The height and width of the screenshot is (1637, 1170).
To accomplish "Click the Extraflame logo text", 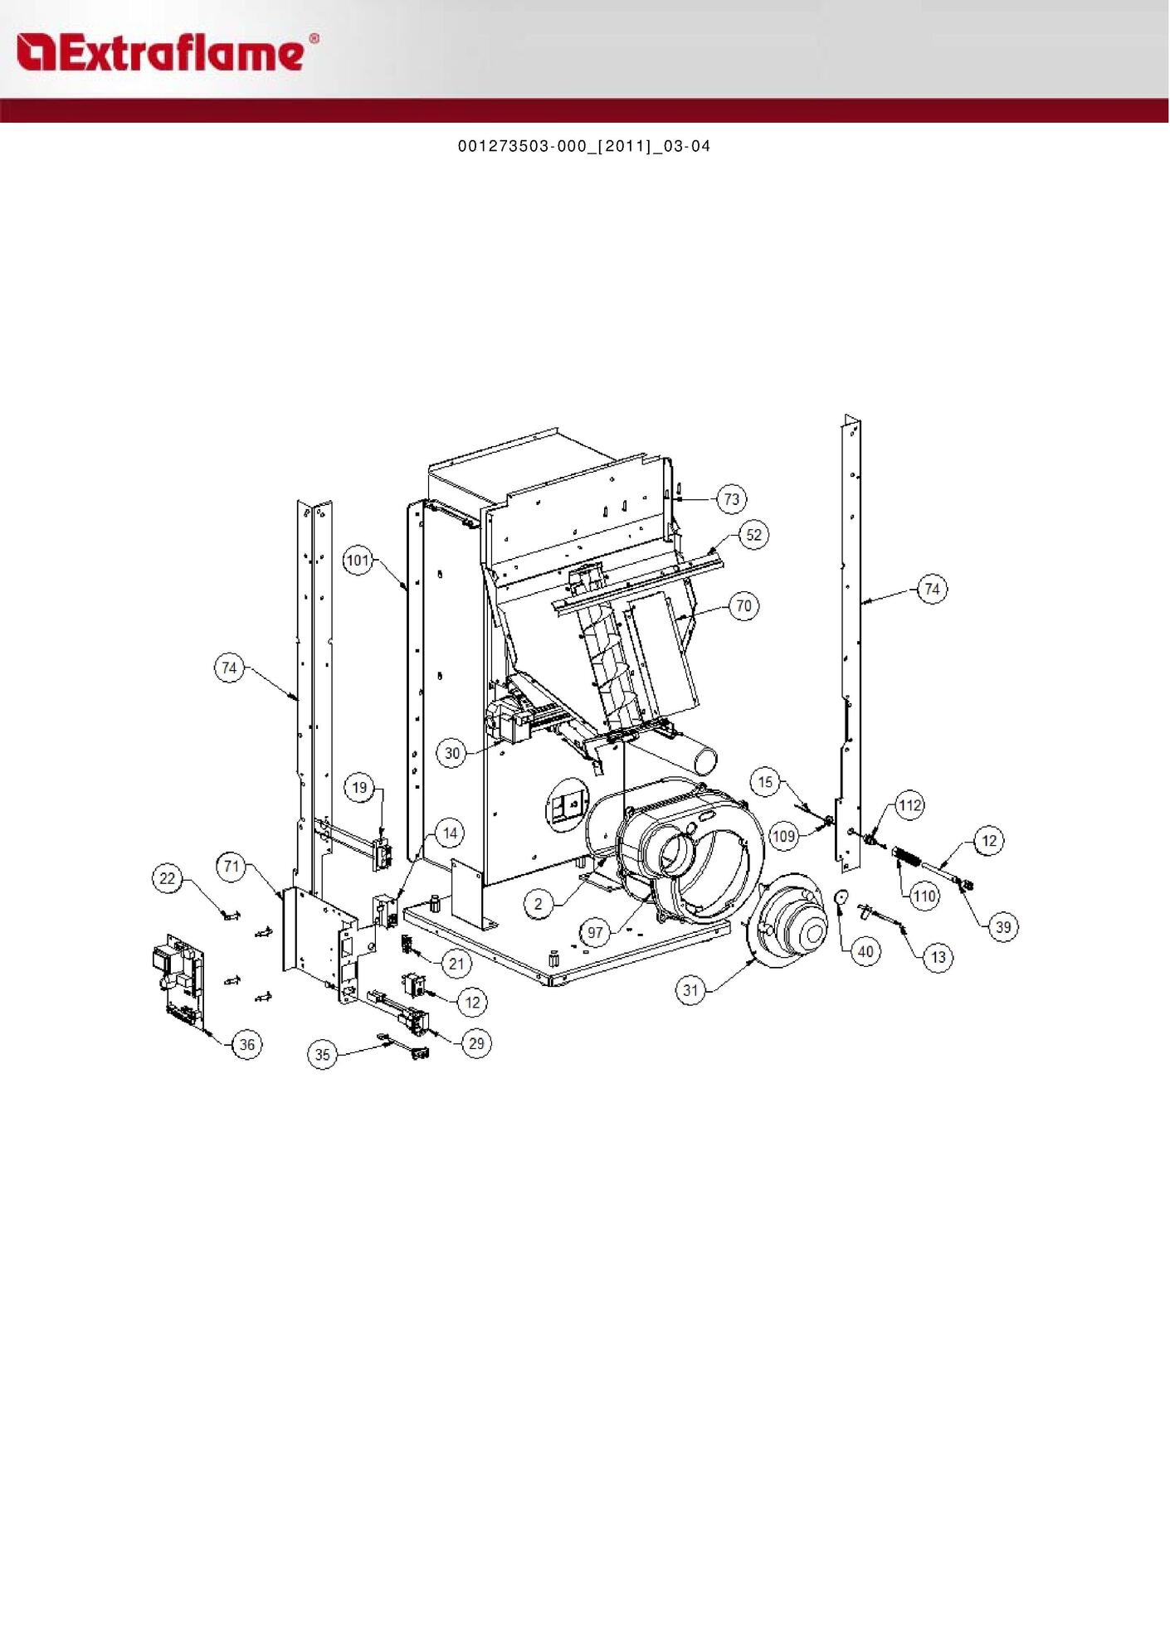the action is pyautogui.click(x=167, y=51).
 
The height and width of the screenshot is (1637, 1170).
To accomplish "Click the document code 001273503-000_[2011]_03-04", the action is pyautogui.click(x=584, y=146).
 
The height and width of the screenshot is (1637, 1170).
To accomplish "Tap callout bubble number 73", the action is pyautogui.click(x=731, y=499).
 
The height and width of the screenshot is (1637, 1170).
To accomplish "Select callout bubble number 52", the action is pyautogui.click(x=753, y=535).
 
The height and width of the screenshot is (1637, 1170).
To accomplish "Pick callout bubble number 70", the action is pyautogui.click(x=743, y=606).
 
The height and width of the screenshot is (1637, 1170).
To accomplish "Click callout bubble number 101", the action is pyautogui.click(x=358, y=561).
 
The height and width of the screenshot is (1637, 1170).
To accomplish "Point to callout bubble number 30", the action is pyautogui.click(x=451, y=753).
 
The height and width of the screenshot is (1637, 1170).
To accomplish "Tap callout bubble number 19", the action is pyautogui.click(x=359, y=787).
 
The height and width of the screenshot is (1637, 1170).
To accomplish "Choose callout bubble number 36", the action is pyautogui.click(x=247, y=1044).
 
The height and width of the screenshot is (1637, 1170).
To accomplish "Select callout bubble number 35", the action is pyautogui.click(x=323, y=1055).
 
